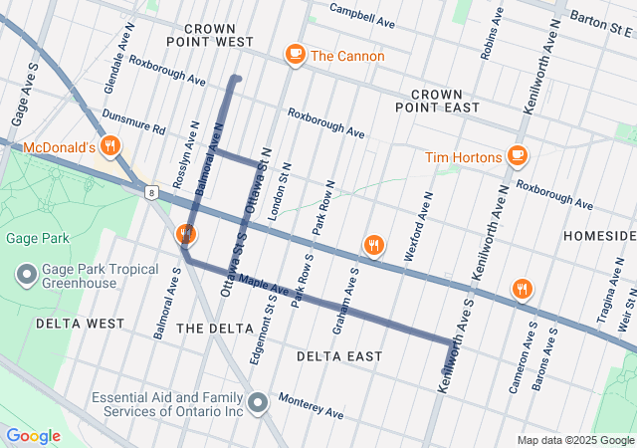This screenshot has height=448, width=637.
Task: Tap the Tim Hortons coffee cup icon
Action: [x=517, y=156]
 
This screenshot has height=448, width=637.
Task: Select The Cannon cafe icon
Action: [x=295, y=56]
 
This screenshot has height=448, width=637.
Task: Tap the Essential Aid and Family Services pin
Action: [x=258, y=403]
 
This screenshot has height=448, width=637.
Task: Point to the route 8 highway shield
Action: [x=149, y=190]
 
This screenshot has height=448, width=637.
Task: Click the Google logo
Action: [x=33, y=436]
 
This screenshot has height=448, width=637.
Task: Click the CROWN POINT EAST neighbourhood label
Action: [x=437, y=100]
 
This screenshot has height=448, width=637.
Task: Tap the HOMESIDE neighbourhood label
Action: [x=598, y=235]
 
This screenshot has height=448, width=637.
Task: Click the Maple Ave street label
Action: [x=263, y=290]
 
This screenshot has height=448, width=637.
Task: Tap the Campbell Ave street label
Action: [x=362, y=14]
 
